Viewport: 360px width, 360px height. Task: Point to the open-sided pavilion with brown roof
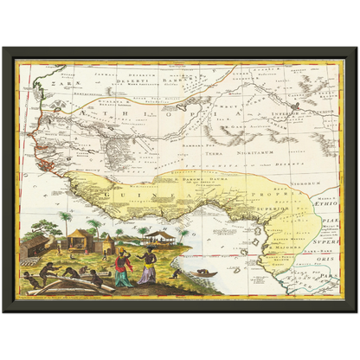click(x=160, y=235)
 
